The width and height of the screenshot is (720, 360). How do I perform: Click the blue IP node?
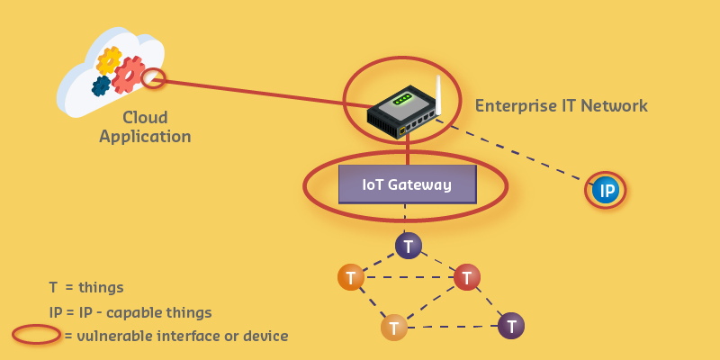coord(606,190)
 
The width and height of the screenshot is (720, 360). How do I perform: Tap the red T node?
coord(466,277)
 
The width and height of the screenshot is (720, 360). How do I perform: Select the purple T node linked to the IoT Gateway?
coord(409,246)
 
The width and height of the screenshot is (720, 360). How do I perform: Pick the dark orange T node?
coord(351,276)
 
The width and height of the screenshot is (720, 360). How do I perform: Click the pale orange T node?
coord(394,327)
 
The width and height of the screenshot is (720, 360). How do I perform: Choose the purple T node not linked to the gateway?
coord(511,325)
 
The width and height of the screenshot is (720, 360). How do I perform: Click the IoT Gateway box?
coord(407,184)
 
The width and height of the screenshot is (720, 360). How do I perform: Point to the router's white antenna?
coord(439,94)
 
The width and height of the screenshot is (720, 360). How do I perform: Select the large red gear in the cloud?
coord(129,76)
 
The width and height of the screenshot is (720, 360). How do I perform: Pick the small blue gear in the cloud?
coord(101,85)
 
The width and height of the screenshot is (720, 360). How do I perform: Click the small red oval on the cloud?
coord(155,79)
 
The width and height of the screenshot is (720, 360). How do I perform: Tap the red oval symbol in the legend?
coord(37,335)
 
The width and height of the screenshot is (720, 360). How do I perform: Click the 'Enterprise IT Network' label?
coord(561,106)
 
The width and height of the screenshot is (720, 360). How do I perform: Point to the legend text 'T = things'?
coord(86,288)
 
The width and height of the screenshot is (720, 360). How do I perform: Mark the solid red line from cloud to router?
coord(261,94)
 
